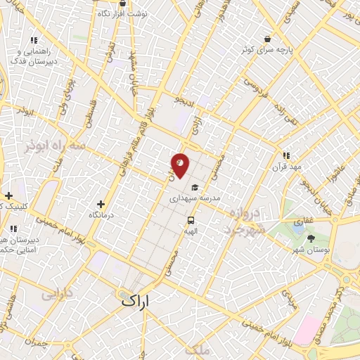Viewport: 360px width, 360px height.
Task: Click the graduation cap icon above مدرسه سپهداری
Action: [195, 188]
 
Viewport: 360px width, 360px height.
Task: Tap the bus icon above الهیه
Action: [190, 219]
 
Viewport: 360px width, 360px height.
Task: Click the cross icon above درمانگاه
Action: [101, 204]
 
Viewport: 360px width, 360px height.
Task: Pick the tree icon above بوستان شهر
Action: [311, 238]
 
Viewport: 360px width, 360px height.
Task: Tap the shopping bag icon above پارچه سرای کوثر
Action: [266, 39]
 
